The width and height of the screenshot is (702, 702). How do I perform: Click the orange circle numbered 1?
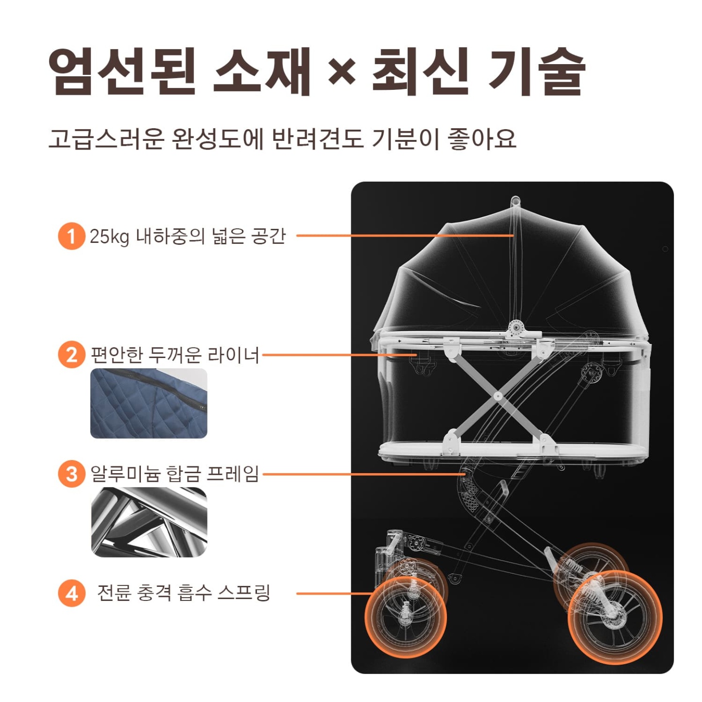(71, 236)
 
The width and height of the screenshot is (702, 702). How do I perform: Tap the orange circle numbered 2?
(71, 355)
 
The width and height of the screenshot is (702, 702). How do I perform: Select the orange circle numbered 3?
(71, 474)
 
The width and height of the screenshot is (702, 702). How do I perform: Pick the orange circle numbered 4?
(71, 593)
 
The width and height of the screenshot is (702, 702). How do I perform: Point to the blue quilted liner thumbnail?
(149, 403)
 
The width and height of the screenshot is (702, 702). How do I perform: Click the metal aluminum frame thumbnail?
(149, 522)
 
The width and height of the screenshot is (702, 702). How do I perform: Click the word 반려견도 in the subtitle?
(317, 138)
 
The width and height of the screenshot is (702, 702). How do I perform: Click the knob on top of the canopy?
(515, 200)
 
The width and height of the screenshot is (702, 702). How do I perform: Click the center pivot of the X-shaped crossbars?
(497, 396)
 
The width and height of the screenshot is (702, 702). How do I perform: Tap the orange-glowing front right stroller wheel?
(615, 617)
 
